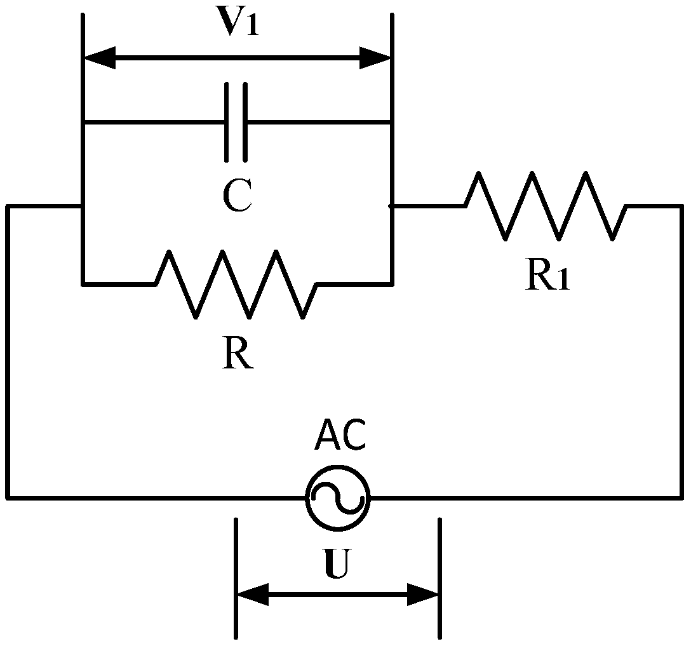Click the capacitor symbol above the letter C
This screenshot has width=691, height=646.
(x=236, y=122)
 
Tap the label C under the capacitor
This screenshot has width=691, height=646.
(x=238, y=196)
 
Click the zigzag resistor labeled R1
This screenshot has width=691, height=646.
(x=546, y=206)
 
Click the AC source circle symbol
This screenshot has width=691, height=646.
(x=337, y=497)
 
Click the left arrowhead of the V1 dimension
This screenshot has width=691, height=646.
(x=100, y=58)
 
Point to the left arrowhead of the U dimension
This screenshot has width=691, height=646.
(x=252, y=595)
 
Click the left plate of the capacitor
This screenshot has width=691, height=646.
(x=227, y=122)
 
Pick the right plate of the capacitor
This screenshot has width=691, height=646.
(x=245, y=122)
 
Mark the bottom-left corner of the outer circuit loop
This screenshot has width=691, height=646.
(x=8, y=497)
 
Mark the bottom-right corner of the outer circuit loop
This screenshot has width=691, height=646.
(x=681, y=497)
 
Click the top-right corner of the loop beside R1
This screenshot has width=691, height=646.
(x=681, y=206)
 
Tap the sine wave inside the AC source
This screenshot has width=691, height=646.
(x=337, y=497)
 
